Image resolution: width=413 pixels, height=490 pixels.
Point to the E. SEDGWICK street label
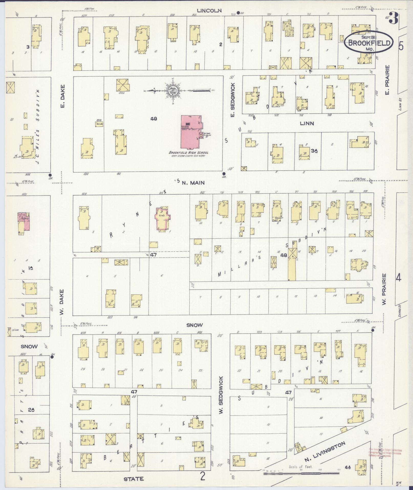tap(232, 100)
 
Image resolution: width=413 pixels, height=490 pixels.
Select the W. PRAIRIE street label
tap(384, 289)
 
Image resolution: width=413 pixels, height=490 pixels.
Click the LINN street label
tap(307, 123)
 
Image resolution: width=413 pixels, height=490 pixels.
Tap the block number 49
tap(154, 119)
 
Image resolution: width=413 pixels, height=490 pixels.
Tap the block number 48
tap(284, 255)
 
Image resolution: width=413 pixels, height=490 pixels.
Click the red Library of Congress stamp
tap(385, 453)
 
